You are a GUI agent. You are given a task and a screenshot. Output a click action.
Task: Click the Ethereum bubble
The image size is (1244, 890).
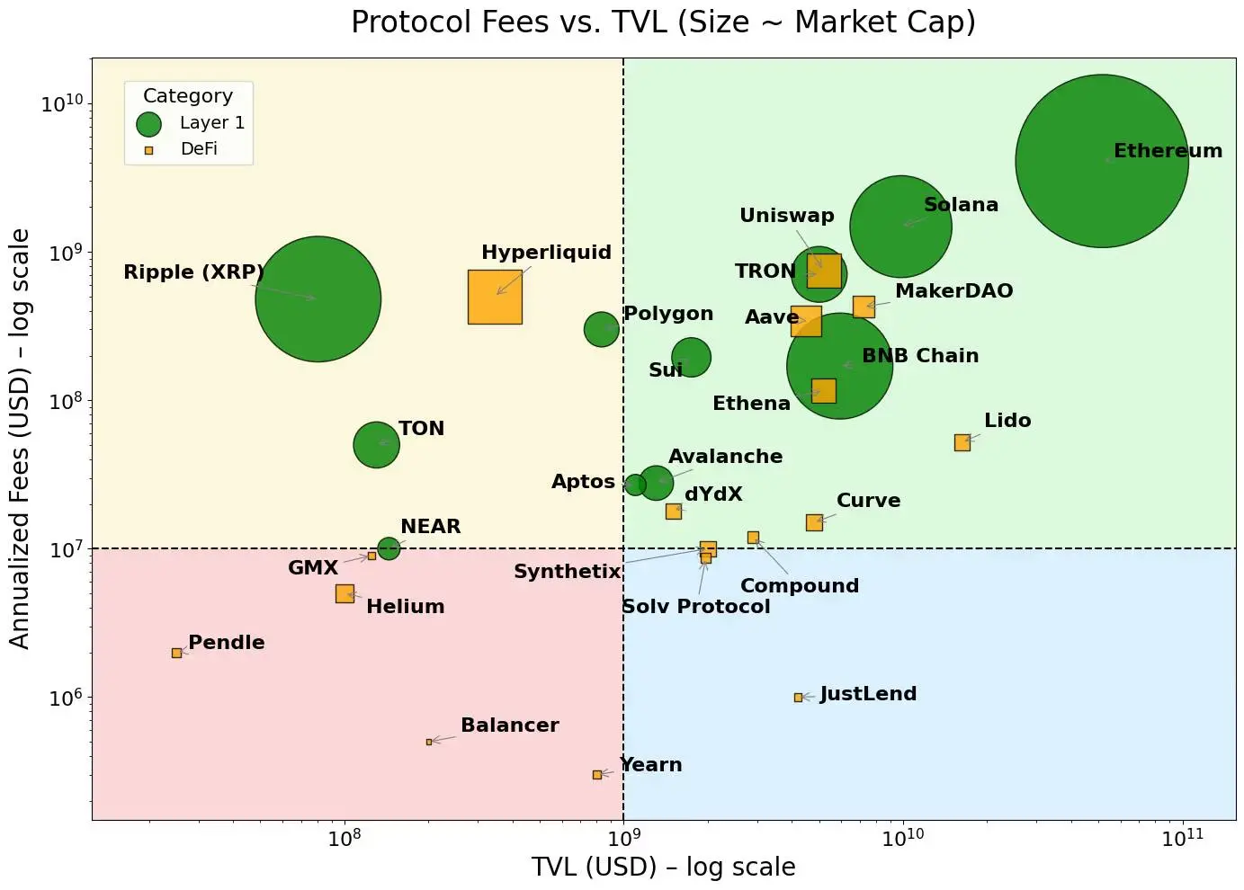coord(1102,161)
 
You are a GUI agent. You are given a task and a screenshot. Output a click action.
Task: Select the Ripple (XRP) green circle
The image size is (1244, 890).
coord(318,298)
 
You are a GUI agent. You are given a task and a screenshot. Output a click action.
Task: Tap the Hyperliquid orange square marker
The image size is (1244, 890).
coord(495,297)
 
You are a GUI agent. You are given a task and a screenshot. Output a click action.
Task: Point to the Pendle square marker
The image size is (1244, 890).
coord(176,653)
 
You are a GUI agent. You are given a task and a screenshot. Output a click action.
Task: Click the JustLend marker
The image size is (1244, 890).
coord(798,698)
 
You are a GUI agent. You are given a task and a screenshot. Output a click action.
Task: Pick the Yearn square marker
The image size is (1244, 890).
coord(597,774)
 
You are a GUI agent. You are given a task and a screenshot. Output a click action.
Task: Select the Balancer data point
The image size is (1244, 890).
coord(429,742)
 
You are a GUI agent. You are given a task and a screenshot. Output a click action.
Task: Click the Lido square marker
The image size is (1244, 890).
coord(962,442)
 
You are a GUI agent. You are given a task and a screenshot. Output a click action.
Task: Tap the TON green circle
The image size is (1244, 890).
coord(376,444)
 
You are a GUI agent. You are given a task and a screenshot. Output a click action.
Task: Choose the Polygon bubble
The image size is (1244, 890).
coord(601,329)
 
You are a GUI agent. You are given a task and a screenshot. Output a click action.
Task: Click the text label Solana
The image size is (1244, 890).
coord(961,205)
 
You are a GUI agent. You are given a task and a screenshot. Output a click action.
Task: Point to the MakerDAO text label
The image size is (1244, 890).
coord(953,291)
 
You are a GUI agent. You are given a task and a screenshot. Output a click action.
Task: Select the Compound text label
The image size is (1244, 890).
coord(800,586)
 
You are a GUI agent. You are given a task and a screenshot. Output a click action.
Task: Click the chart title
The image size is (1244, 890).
coord(663,22)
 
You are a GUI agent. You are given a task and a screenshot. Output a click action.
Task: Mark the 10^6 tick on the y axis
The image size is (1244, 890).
coord(65,698)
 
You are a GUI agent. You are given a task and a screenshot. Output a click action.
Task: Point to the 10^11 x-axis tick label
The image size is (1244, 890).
coord(1181,838)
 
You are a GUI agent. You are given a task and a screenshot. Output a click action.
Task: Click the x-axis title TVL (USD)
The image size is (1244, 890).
coord(663,867)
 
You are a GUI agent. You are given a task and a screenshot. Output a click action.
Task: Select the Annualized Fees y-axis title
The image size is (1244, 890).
coord(20,438)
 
